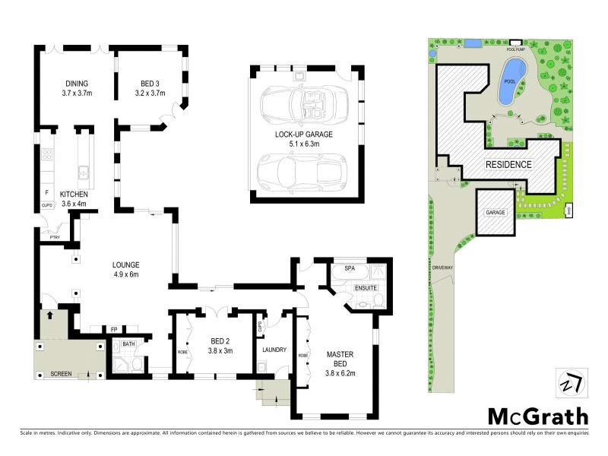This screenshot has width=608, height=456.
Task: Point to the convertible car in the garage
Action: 303,103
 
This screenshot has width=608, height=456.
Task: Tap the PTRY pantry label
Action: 54,236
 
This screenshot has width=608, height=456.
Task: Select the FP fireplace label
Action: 113,329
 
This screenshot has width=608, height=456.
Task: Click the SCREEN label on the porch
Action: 61,374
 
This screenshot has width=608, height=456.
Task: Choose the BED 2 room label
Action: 220,346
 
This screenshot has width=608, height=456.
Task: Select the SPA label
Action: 350,269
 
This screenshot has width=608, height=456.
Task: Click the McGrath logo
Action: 537,416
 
